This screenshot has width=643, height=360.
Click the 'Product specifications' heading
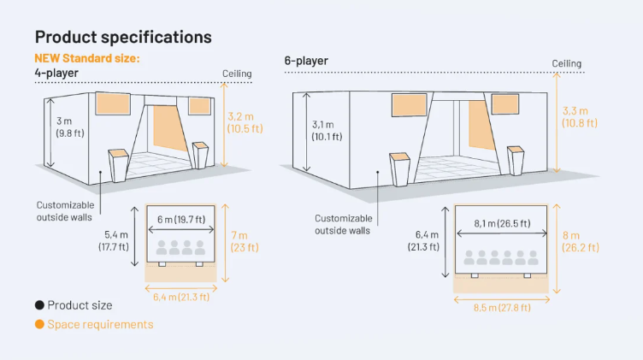pos(123,37)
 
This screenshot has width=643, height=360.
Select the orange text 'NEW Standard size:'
pos(87,58)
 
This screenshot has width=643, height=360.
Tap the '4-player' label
pos(56,73)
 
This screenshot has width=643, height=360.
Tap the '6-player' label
pos(306,61)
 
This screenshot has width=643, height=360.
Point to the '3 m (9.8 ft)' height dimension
pos(70,127)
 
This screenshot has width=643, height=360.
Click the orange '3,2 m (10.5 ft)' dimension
pos(245,122)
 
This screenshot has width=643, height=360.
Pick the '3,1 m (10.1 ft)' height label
pos(327,130)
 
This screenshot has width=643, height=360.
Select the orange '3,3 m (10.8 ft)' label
pos(580,117)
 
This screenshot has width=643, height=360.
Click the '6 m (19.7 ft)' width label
pos(181,220)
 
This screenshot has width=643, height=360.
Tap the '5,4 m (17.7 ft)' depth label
pos(114,240)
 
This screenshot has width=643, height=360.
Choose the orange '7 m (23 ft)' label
pos(245,241)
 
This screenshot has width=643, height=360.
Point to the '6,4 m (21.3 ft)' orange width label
pos(181,297)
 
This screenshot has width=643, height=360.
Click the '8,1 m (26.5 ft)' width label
pos(503,223)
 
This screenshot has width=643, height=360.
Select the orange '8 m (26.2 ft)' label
pos(581,241)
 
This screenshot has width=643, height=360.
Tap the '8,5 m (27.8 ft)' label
pos(503,308)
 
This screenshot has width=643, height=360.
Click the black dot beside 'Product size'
pos(39,305)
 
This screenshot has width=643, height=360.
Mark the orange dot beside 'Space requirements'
pos(39,324)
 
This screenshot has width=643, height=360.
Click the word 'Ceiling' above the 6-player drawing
pos(566,63)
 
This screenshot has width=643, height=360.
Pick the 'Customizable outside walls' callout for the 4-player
pos(65,211)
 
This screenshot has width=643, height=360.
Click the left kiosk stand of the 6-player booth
pos(400,170)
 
